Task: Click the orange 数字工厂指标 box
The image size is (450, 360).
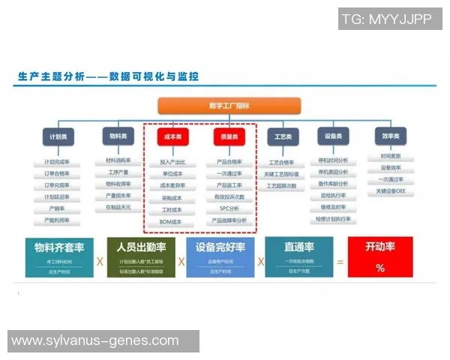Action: click(x=229, y=106)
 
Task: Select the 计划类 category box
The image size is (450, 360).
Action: click(x=57, y=136)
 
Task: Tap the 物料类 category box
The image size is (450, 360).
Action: click(x=118, y=136)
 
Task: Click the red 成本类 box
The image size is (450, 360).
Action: click(x=172, y=137)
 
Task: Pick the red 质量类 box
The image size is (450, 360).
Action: click(x=228, y=137)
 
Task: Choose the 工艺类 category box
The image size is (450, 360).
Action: click(x=283, y=136)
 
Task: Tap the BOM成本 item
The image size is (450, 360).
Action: click(x=172, y=222)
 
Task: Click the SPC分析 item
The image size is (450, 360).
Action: click(x=229, y=208)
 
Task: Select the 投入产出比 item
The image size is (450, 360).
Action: click(x=172, y=161)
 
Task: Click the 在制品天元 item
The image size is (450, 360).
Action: click(x=118, y=208)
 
